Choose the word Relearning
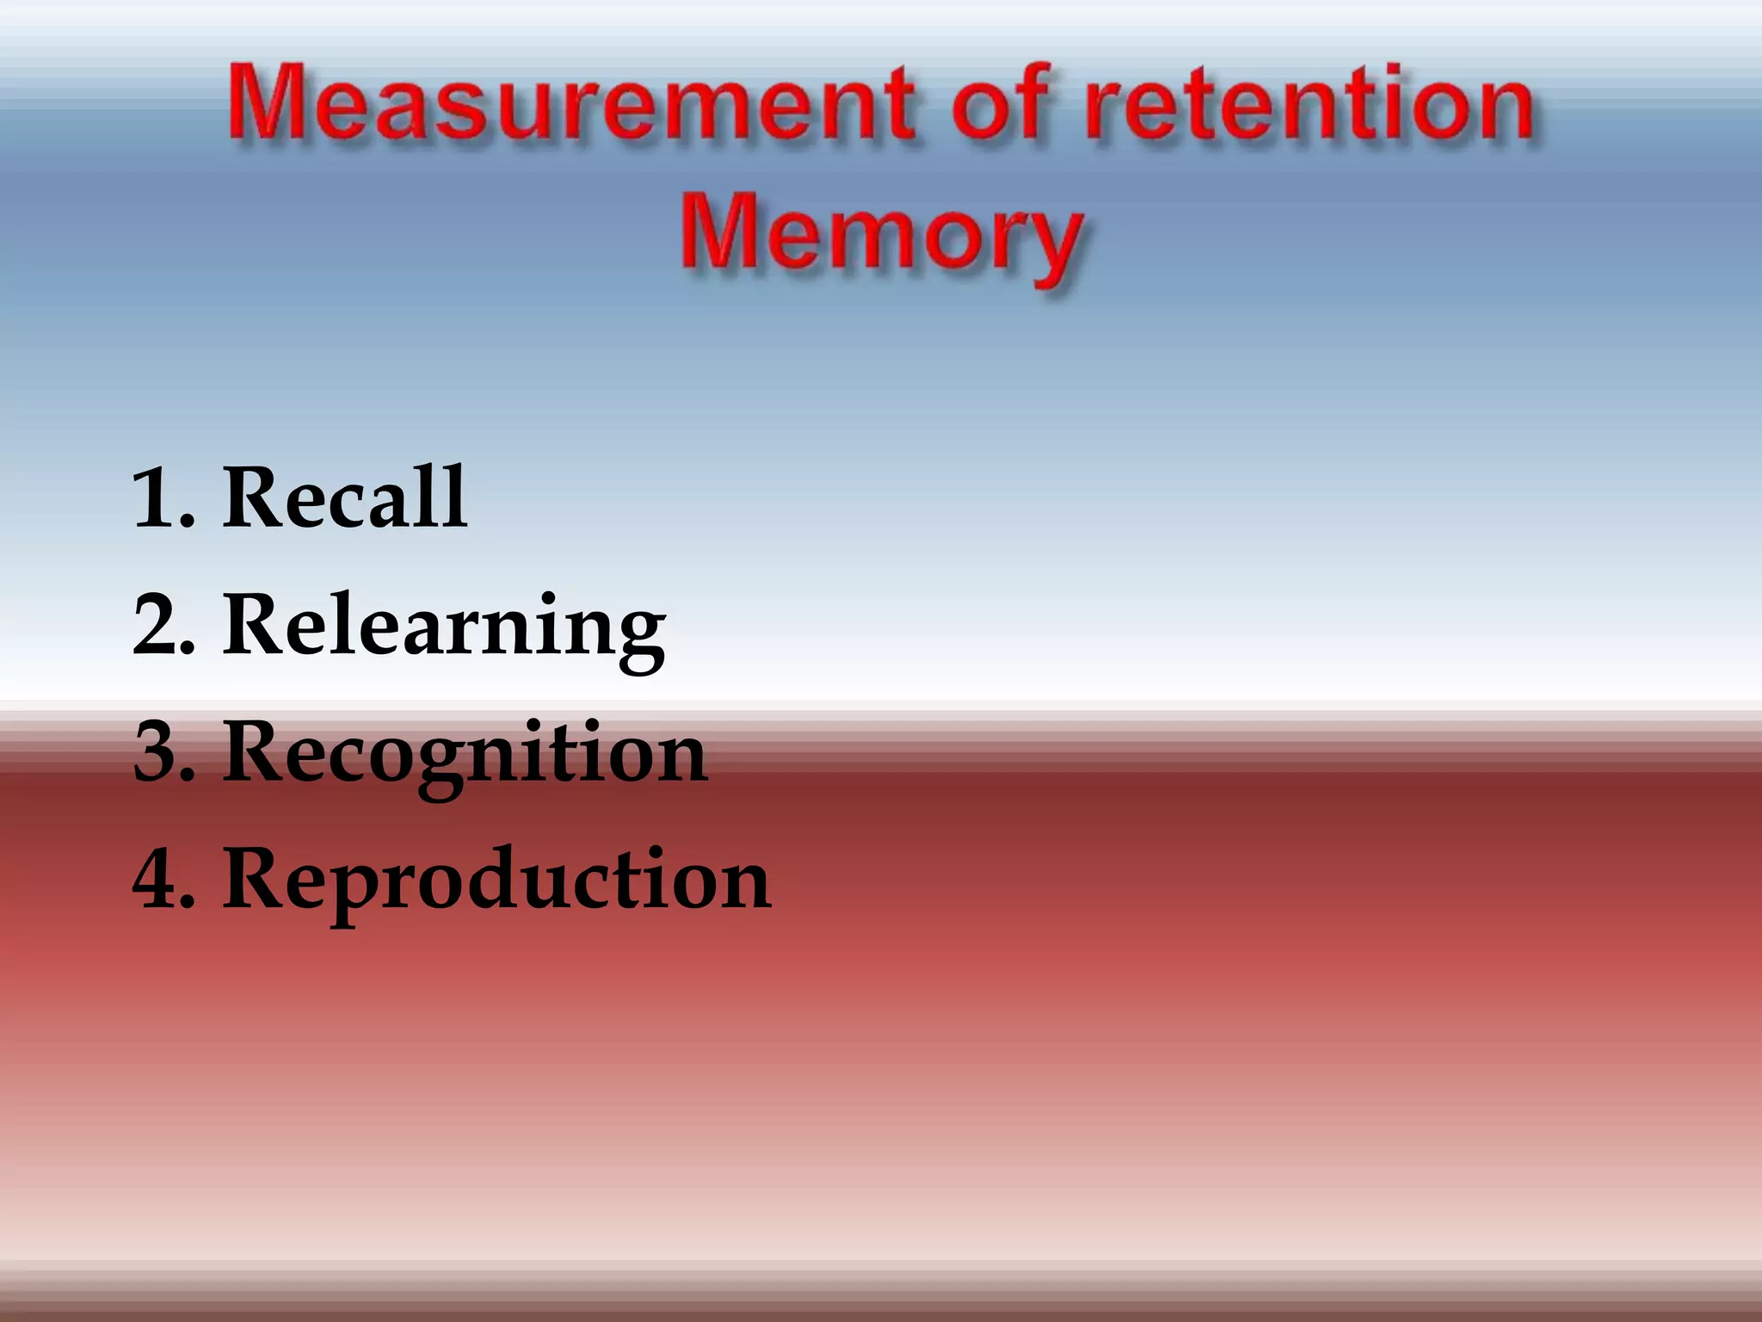click(x=444, y=627)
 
